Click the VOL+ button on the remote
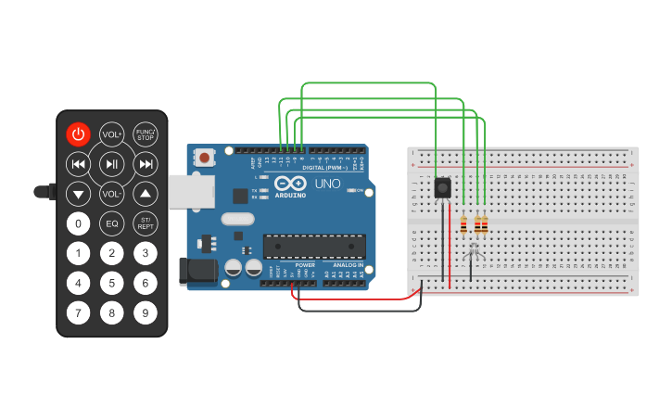[x=112, y=134]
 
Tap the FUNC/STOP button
[x=146, y=134]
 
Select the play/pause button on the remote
[x=112, y=165]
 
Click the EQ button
[x=112, y=223]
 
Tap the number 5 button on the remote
[x=112, y=284]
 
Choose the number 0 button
[x=79, y=223]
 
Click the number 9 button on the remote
[x=146, y=313]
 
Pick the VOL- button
[x=112, y=195]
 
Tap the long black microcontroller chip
[x=309, y=246]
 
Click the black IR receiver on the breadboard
[x=443, y=188]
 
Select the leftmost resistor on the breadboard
[x=463, y=224]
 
